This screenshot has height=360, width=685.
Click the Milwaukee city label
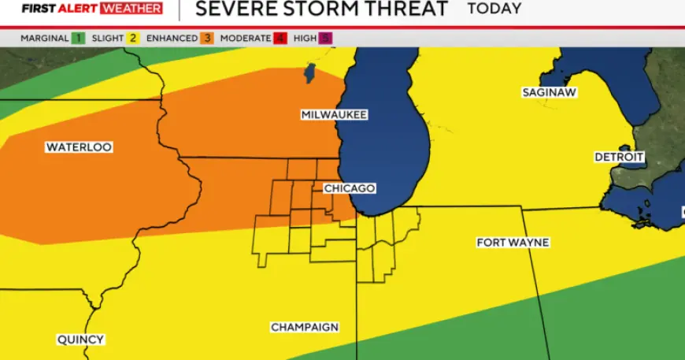[x=334, y=115]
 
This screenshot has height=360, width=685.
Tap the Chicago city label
[x=350, y=188]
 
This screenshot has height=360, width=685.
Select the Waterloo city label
[x=79, y=147]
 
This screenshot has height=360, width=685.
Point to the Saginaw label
[x=550, y=92]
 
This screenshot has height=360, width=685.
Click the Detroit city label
[x=619, y=158]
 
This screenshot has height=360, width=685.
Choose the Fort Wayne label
[x=513, y=242]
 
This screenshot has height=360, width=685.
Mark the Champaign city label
[x=305, y=327]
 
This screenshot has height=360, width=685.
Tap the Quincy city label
[x=80, y=340]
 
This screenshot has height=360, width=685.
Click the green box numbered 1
[x=78, y=38]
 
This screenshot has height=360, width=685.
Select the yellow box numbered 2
[x=135, y=38]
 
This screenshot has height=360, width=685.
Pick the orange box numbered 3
[x=207, y=38]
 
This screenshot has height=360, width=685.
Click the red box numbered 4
[x=279, y=38]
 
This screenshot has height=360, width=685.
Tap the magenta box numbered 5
[x=326, y=38]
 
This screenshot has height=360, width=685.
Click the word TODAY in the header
[x=494, y=9]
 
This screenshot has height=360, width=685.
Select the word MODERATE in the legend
[x=246, y=38]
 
